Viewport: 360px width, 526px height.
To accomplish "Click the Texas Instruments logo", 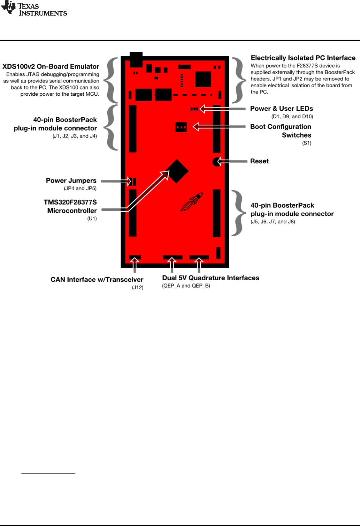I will pyautogui.click(x=34, y=9).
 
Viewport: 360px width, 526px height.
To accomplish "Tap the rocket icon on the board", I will pyautogui.click(x=192, y=202).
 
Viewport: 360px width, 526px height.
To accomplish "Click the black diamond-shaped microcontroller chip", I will pyautogui.click(x=177, y=171).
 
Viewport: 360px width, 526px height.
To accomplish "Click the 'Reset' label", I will pyautogui.click(x=259, y=161).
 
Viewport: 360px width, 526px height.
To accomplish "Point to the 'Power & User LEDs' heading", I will pyautogui.click(x=281, y=109).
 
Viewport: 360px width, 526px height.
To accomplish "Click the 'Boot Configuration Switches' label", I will pyautogui.click(x=281, y=131).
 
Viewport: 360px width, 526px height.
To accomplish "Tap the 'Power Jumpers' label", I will pyautogui.click(x=71, y=181).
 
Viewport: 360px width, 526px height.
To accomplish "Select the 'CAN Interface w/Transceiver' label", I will pyautogui.click(x=97, y=279).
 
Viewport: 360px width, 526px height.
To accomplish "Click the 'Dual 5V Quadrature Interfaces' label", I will pyautogui.click(x=211, y=278).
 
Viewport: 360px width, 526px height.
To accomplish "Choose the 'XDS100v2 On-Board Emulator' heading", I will pyautogui.click(x=51, y=66).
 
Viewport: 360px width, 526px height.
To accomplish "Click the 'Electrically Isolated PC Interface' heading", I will pyautogui.click(x=303, y=58).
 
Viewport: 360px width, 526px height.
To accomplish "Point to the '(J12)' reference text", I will pyautogui.click(x=137, y=287).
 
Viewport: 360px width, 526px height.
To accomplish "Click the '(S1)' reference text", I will pyautogui.click(x=307, y=143).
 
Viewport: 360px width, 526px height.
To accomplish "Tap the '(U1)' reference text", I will pyautogui.click(x=92, y=219).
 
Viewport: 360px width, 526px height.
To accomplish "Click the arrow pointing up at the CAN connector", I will pyautogui.click(x=134, y=266).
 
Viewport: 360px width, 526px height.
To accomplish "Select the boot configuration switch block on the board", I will pyautogui.click(x=181, y=127).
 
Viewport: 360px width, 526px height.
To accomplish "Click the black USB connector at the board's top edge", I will pyautogui.click(x=136, y=59).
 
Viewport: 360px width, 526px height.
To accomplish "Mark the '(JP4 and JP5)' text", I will pyautogui.click(x=80, y=188).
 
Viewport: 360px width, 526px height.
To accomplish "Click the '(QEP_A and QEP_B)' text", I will pyautogui.click(x=186, y=286).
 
